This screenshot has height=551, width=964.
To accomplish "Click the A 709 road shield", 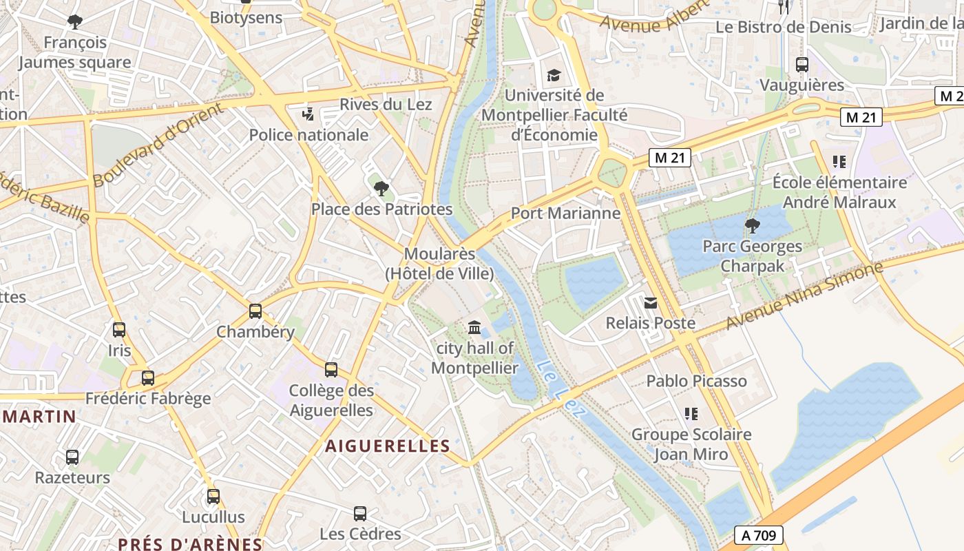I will point(759,534).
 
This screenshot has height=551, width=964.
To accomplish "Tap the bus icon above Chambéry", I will point(255,311).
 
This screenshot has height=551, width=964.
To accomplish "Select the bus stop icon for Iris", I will point(119,330).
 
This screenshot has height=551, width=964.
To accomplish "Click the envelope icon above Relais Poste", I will point(650,302).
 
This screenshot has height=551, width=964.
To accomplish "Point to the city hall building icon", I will point(474,327).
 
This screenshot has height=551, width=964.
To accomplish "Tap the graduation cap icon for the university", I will point(554,75).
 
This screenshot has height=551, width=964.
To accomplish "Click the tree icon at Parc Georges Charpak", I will point(752,225).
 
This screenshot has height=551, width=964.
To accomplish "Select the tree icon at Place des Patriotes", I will point(381,188).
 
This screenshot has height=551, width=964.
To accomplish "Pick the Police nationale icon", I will point(308,114).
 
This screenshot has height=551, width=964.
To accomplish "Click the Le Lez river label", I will point(560,389).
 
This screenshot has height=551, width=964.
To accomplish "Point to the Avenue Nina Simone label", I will point(804,296).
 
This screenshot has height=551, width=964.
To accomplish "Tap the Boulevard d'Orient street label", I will point(158,145).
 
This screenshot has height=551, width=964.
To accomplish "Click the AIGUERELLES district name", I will point(388,446).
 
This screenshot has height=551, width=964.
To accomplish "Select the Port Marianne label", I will point(565,214).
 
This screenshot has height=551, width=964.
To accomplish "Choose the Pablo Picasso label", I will point(696,381).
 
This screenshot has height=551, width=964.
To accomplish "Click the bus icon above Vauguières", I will point(801,65).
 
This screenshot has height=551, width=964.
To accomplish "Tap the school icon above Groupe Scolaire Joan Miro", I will point(691,414).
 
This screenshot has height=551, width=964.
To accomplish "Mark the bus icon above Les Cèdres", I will point(360,514).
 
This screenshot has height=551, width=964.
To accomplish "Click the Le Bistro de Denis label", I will point(784,28).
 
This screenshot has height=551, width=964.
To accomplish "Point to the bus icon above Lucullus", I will point(213,497).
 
